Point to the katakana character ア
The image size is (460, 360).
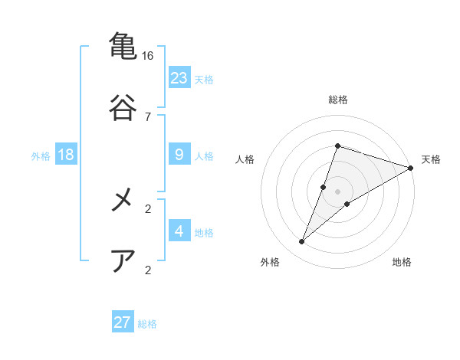pos(123,261)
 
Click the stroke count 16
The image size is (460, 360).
pos(148,56)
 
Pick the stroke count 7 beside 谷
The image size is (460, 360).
pos(148,117)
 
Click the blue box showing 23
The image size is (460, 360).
pos(179,77)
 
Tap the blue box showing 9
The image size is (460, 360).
pos(179,155)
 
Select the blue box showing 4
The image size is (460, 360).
pos(179,231)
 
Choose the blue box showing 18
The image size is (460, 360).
pos(66,155)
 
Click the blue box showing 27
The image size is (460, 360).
pos(123,322)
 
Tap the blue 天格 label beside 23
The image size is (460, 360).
pos(204,79)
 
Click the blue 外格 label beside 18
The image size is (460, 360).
pos(41,156)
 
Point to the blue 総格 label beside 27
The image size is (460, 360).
pos(147,323)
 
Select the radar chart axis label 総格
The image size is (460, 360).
pos(337,100)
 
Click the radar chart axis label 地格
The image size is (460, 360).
pos(402,262)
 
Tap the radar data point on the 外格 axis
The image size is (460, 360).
pos(302,242)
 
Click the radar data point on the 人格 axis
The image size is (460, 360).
pos(324,187)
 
